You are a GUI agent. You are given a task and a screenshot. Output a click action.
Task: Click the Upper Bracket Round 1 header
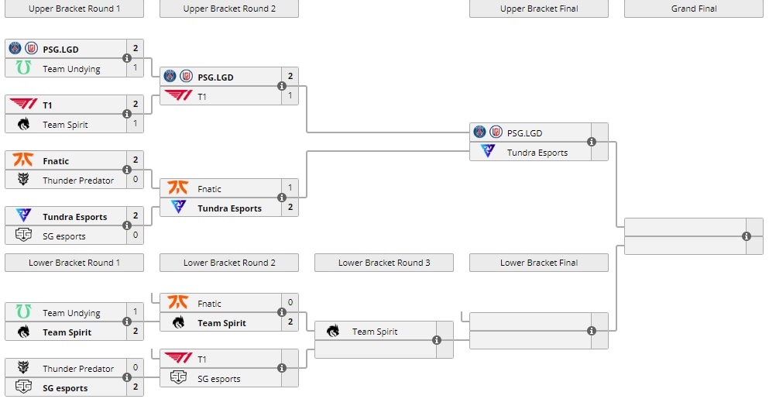(x=74, y=9)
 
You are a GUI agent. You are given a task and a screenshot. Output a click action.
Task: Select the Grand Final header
(x=693, y=9)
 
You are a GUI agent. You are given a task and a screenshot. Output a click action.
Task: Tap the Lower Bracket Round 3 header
(x=384, y=263)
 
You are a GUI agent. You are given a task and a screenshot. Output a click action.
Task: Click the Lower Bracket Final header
(x=539, y=263)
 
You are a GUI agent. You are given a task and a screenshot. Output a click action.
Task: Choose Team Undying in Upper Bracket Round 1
(x=71, y=69)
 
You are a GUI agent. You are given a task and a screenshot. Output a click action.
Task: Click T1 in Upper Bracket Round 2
(x=202, y=97)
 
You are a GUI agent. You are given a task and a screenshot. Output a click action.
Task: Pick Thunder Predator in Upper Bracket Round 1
(x=78, y=181)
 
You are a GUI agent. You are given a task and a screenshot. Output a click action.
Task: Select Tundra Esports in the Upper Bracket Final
(x=537, y=153)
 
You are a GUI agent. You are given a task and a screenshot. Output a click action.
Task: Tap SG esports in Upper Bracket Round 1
(x=64, y=236)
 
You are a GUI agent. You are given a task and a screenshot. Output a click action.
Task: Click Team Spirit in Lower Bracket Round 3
(x=375, y=332)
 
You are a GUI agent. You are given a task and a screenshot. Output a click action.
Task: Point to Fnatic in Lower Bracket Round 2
(x=209, y=304)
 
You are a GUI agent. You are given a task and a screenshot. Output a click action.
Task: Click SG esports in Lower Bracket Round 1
(x=65, y=388)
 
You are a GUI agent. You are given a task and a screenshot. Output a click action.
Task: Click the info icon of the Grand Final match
(x=747, y=236)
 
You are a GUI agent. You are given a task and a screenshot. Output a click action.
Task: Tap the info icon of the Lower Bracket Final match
(x=592, y=331)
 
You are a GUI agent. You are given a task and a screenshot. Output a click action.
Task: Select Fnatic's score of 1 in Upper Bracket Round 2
(x=290, y=188)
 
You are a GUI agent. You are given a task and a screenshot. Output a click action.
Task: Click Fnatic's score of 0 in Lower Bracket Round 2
(x=290, y=303)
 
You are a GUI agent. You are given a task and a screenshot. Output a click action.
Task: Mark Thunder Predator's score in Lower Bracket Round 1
(x=135, y=368)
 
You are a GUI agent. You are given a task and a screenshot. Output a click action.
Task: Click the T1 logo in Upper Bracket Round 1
(x=22, y=105)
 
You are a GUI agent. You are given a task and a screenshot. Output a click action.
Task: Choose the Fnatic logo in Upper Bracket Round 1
(x=23, y=160)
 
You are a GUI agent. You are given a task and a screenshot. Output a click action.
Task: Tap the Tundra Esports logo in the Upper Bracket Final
(x=488, y=152)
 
